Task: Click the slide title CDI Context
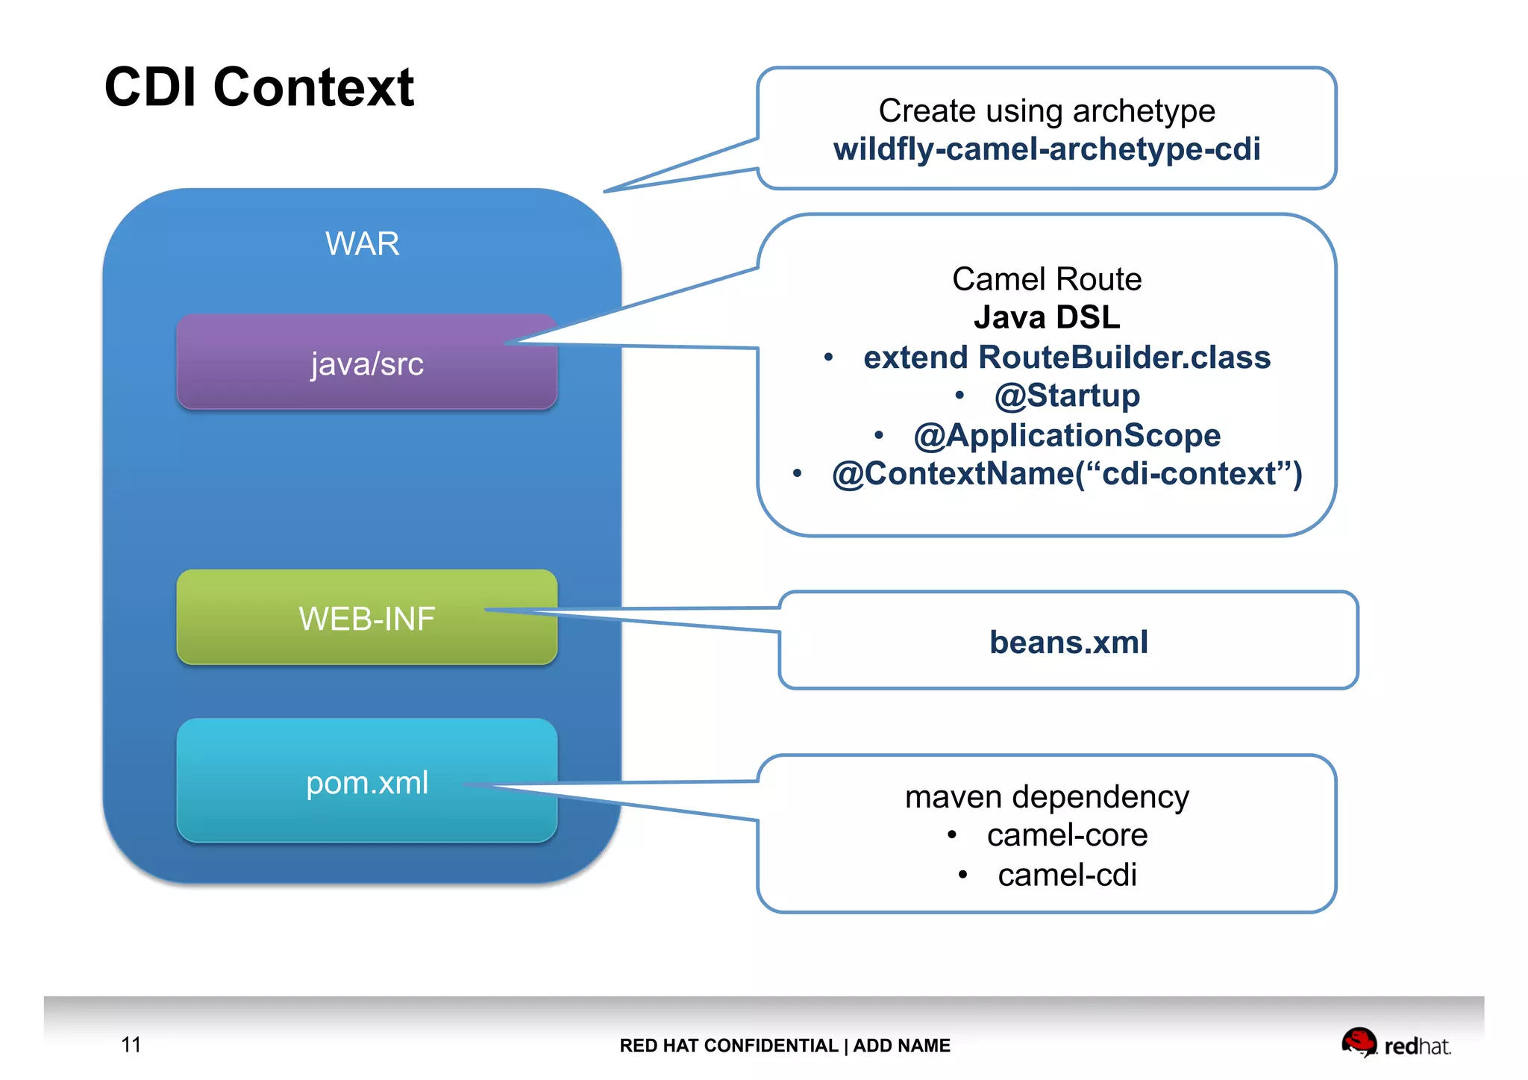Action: click(259, 87)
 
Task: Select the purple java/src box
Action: click(366, 363)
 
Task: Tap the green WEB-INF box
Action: click(366, 618)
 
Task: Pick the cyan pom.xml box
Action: click(366, 782)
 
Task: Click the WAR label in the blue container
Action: click(362, 244)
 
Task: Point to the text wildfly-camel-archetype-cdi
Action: click(1046, 149)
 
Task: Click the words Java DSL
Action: click(1046, 317)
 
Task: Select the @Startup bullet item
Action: click(1067, 396)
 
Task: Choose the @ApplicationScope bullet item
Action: click(1067, 435)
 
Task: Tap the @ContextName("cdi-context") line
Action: click(1067, 474)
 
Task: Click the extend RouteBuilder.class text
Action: click(1067, 358)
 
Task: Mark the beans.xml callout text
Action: click(1068, 642)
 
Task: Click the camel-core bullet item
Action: click(1067, 835)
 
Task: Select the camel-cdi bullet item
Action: click(1067, 875)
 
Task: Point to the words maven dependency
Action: click(1046, 797)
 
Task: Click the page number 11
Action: click(131, 1044)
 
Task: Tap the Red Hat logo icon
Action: click(1359, 1041)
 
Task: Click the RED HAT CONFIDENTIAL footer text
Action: click(728, 1046)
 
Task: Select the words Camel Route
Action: click(1046, 279)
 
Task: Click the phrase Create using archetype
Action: click(1046, 111)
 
